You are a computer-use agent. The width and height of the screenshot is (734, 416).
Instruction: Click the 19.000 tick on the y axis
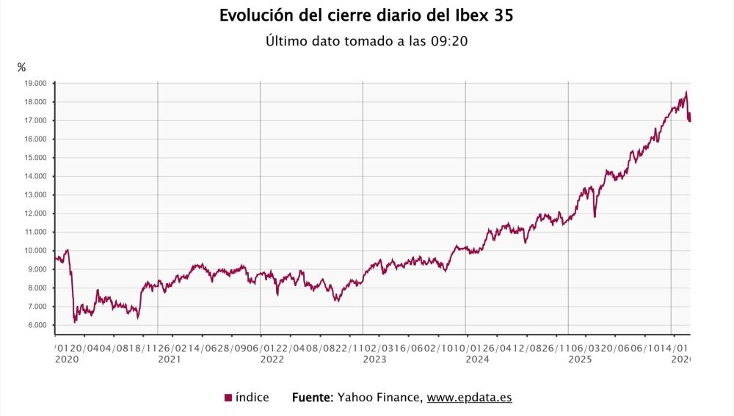pos(35,83)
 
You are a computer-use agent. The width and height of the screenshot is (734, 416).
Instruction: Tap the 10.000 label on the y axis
pos(35,250)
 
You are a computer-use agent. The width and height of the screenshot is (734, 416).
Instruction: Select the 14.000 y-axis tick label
pos(35,176)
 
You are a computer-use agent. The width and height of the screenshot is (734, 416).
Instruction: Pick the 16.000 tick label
pos(35,139)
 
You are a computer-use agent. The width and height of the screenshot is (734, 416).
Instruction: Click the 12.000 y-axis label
pos(35,214)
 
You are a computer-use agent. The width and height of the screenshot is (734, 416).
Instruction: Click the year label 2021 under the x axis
pos(170,360)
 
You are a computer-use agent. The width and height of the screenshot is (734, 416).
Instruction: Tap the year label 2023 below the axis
pos(374,360)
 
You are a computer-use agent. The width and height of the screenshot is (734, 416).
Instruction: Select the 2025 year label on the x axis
pos(580,360)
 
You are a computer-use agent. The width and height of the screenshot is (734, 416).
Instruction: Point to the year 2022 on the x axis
pos(272,360)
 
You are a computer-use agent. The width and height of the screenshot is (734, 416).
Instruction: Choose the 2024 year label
pos(477,360)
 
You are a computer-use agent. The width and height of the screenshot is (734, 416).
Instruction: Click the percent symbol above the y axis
pos(21,67)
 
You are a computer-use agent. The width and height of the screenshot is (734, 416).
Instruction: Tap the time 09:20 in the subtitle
pos(448,42)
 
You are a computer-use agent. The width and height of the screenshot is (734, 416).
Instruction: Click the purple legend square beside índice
pos(228,398)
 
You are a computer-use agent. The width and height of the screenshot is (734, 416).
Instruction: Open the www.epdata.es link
pos(469,398)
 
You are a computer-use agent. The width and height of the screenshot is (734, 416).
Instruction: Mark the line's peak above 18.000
pos(686,92)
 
